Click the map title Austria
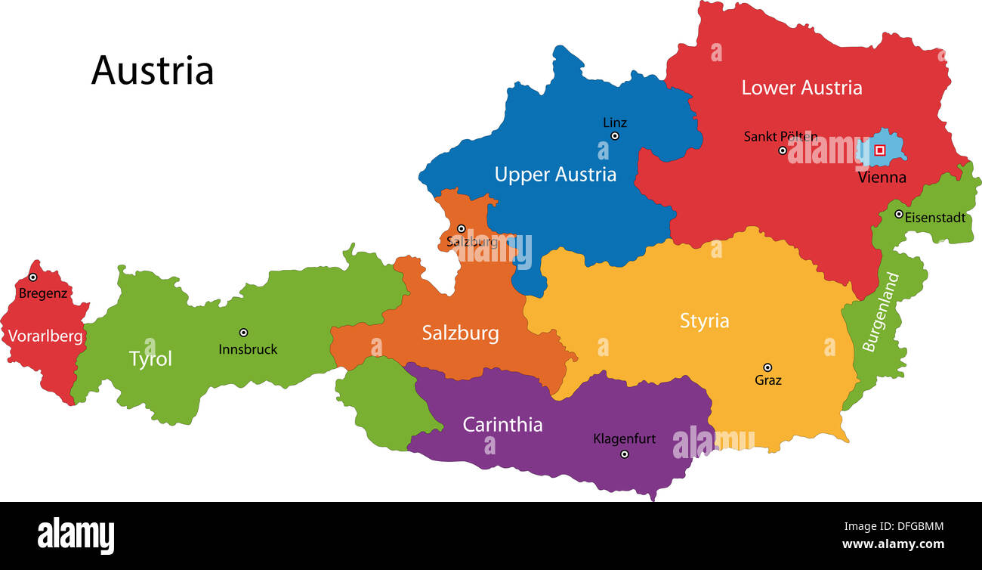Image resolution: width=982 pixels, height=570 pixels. (153, 70)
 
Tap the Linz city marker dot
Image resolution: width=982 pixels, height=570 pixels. (615, 136)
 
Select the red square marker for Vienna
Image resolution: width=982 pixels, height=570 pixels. (879, 150)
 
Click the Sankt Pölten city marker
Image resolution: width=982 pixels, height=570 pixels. (783, 150)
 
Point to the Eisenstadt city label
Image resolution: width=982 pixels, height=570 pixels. (935, 218)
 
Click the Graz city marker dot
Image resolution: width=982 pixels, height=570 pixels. (767, 367)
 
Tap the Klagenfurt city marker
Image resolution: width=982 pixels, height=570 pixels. (624, 454)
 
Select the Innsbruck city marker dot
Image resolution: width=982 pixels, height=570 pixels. (244, 333)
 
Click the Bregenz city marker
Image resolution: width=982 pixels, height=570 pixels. (32, 277)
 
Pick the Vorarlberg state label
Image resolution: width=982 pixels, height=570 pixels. (45, 336)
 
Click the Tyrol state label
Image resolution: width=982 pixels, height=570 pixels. (150, 359)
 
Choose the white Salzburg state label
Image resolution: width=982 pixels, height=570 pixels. (460, 333)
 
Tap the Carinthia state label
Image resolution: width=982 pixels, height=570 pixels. (502, 425)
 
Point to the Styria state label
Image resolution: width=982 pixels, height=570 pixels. (704, 321)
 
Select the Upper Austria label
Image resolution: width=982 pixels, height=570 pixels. (555, 175)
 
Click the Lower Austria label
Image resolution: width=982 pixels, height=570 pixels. (801, 88)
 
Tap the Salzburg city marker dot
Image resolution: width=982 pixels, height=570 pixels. (461, 228)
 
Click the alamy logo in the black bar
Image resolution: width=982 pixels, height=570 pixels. (76, 535)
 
